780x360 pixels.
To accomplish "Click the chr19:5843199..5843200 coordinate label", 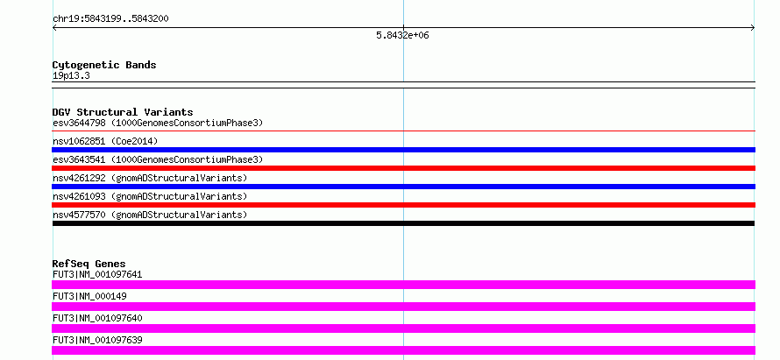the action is (x=110, y=19).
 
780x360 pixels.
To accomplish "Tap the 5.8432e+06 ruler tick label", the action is (x=402, y=35).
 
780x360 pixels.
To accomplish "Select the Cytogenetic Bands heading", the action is (x=104, y=65).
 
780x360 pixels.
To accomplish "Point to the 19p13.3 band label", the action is (x=71, y=76).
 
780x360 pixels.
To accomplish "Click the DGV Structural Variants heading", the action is (x=123, y=112).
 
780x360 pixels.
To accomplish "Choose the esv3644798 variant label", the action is (x=158, y=123).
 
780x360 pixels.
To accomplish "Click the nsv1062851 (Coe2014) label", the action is (x=105, y=141).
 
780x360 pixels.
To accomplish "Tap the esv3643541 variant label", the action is (x=158, y=159).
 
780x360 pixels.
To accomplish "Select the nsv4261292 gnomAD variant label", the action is (x=150, y=178).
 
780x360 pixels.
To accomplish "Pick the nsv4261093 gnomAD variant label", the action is (x=150, y=196).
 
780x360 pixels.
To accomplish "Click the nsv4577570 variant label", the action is (x=150, y=215).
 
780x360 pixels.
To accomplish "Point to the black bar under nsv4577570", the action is (x=403, y=223).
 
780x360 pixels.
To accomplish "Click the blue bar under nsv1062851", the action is (x=403, y=150).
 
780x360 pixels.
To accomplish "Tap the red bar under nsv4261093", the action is (x=403, y=205).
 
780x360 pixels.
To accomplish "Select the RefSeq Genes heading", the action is (x=89, y=264).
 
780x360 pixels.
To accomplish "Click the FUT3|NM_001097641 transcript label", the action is (x=97, y=274).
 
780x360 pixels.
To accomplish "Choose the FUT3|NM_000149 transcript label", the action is (x=89, y=296).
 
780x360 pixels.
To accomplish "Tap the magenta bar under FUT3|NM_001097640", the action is (x=403, y=328).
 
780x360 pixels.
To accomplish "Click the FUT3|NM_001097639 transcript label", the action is (x=97, y=340).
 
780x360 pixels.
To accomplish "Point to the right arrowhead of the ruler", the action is (x=753, y=28).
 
